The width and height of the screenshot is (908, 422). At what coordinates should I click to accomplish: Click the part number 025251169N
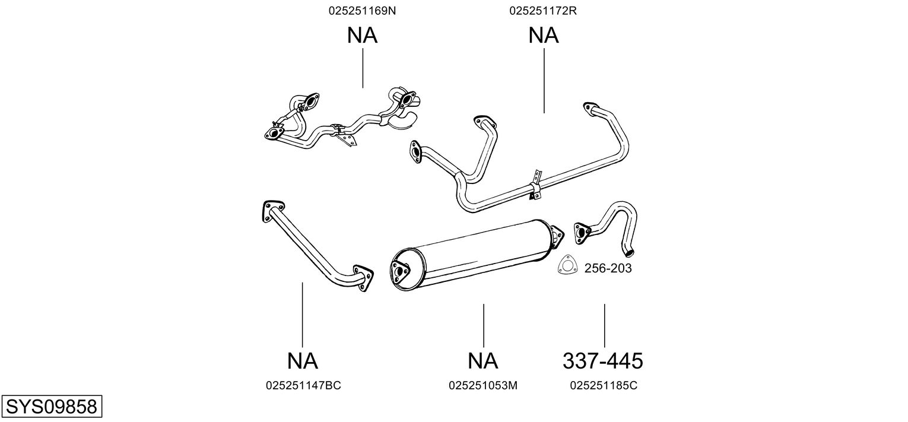coord(362,11)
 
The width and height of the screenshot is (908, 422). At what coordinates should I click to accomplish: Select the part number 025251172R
coord(543,11)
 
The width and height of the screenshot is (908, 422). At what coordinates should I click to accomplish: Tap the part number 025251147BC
coord(303,386)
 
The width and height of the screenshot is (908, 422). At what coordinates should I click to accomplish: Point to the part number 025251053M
coord(482,386)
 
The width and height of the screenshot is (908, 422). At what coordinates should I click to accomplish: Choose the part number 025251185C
coord(604,386)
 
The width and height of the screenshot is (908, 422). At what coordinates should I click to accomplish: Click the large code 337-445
coord(603,361)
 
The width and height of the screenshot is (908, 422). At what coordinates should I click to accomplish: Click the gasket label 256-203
coord(608,268)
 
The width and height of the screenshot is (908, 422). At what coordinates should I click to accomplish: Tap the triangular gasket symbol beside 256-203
coord(567,265)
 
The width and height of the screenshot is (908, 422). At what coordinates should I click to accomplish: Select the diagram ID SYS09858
coord(52,407)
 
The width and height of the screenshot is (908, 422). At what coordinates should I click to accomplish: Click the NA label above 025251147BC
coord(303,361)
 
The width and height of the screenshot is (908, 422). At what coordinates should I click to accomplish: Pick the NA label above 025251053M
coord(482,361)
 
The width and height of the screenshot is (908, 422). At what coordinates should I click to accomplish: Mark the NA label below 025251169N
coord(363,36)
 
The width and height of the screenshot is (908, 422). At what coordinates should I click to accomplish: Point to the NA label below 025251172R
coord(544,36)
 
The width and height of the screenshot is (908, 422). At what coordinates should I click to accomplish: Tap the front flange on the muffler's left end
coord(400,273)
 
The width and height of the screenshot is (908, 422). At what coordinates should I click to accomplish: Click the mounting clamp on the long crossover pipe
coord(535,186)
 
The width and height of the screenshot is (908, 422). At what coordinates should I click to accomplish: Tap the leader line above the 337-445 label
coord(604,325)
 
